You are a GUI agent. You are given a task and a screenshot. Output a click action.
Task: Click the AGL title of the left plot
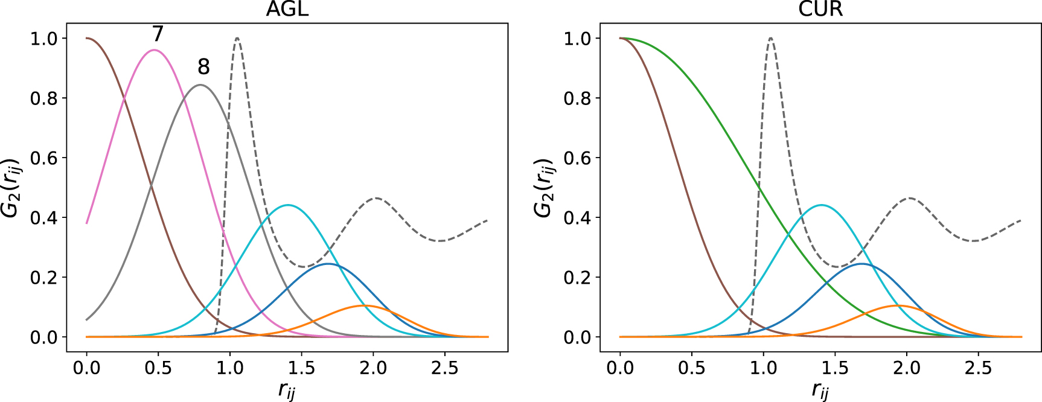tap(287, 10)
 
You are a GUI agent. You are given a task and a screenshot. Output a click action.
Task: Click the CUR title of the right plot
tap(820, 10)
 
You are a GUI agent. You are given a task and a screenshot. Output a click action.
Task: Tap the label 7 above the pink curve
tap(158, 33)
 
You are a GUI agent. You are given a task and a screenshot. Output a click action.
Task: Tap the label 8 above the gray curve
tap(204, 66)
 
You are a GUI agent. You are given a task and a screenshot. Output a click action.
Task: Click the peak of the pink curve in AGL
tap(155, 50)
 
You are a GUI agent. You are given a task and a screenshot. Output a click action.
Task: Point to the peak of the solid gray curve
tap(200, 85)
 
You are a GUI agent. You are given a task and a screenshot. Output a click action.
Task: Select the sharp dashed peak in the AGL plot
tap(237, 38)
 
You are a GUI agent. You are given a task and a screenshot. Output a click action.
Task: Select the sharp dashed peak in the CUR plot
tap(770, 38)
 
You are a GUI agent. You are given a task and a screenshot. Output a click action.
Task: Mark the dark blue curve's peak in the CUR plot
tap(861, 264)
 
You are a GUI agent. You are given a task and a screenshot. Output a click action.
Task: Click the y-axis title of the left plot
tap(11, 187)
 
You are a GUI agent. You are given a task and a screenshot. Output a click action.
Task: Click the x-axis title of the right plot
tap(820, 391)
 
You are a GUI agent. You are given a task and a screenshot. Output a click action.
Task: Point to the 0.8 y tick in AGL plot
tap(44, 98)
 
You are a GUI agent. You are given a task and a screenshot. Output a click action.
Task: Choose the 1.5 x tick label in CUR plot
tap(835, 368)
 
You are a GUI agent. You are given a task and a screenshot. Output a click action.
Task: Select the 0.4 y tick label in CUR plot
tap(578, 217)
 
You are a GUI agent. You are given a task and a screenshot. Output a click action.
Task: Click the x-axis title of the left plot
tap(287, 391)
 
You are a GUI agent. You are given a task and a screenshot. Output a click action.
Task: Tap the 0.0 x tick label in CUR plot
tap(620, 368)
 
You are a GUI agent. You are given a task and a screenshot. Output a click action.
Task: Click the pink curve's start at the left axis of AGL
tap(87, 223)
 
